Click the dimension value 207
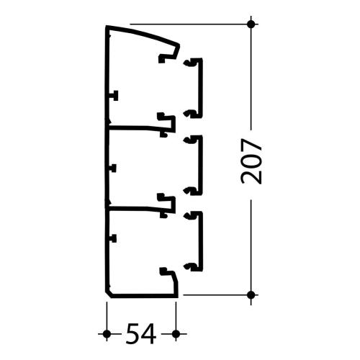coord(251,161)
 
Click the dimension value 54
coord(141,333)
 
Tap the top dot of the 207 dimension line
coord(251,24)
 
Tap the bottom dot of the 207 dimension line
coord(251,294)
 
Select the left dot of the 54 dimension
coord(107,333)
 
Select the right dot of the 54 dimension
coord(176,333)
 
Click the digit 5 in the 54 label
coord(133,333)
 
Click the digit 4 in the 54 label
coord(149,333)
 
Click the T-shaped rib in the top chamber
coord(114,96)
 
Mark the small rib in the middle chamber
coord(113,168)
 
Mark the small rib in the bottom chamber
coord(113,238)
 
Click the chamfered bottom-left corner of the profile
coord(108,294)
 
